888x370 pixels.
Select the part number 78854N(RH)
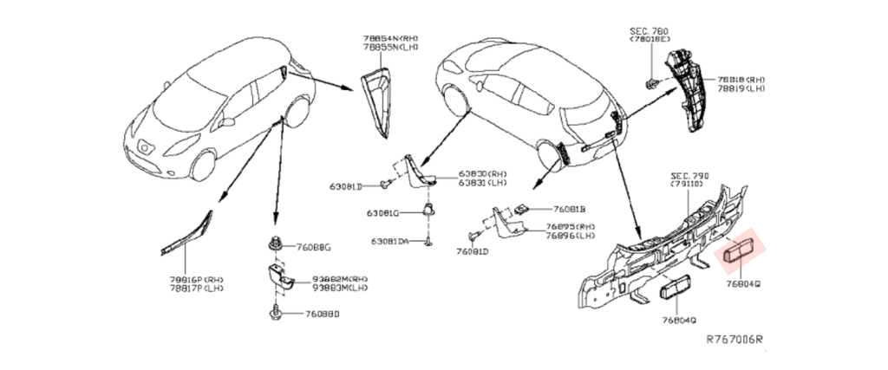[x=390, y=37]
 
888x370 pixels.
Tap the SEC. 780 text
[x=648, y=30]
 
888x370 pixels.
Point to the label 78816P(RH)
[x=196, y=280]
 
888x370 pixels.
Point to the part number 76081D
[x=473, y=251]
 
